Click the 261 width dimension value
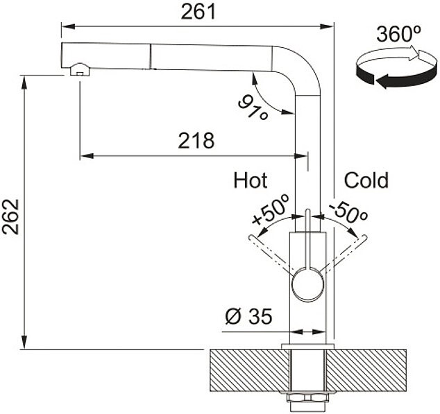tap(198, 12)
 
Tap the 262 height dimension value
tap(10, 216)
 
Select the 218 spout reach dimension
tap(196, 140)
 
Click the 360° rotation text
tap(398, 34)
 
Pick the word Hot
tap(251, 180)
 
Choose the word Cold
tap(366, 180)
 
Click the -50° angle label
tap(348, 212)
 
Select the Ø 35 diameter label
tap(248, 316)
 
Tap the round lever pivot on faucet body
tap(307, 284)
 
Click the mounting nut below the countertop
tap(307, 398)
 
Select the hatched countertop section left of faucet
tap(250, 370)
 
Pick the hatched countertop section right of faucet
tap(366, 370)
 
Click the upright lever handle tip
tap(307, 210)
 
